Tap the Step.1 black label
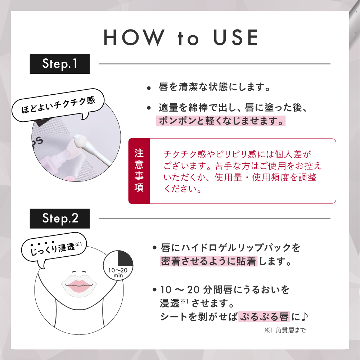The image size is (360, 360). [x=60, y=64]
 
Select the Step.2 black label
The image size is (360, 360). [x=60, y=218]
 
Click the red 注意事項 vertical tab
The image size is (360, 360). [x=139, y=171]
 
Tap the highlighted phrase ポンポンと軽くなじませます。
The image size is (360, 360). [x=220, y=121]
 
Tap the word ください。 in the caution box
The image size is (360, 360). [x=182, y=189]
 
